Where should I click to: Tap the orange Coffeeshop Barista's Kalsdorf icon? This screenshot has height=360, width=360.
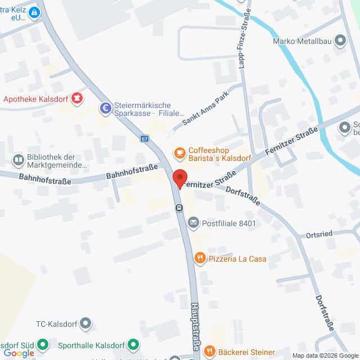pos(179,152)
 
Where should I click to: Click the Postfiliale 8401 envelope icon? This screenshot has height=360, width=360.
pos(193,223)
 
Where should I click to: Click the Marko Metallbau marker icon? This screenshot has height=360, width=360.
pos(340,40)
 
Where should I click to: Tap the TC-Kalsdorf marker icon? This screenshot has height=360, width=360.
pos(85,323)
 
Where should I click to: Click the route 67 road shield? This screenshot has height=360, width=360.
pos(145,138)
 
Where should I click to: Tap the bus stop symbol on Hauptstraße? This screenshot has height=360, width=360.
pos(179,208)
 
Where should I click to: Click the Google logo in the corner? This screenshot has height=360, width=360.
pos(19,353)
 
